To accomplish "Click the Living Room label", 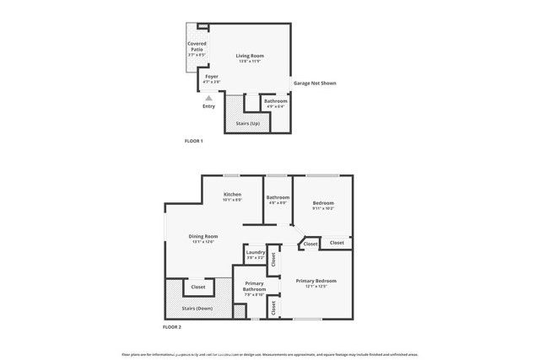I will tap(248, 56).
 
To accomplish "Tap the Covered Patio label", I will tap(197, 46).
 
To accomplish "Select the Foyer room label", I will tap(212, 76).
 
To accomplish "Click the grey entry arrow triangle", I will tap(209, 98).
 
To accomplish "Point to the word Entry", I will tap(209, 106).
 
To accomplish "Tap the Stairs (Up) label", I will tap(247, 124).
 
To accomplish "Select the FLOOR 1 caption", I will tap(194, 141).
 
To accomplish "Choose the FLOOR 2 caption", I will tap(172, 326).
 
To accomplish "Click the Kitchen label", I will tap(233, 195).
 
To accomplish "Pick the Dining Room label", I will tap(203, 236).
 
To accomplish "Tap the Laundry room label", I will tap(256, 252).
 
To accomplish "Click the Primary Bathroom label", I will tap(255, 286).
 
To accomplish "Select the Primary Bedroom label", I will tap(316, 280).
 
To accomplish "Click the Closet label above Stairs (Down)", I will tap(198, 287).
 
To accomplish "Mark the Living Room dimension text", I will tap(248, 61).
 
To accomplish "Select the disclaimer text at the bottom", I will tap(270, 355).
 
